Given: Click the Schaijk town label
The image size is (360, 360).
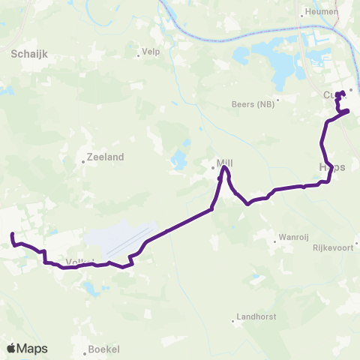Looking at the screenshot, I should coord(30,54).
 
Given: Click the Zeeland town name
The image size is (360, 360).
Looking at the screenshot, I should coord(105,157).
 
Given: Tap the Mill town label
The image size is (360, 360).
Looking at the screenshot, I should coord(225,161).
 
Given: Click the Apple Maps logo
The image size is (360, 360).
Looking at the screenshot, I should coord(27,348).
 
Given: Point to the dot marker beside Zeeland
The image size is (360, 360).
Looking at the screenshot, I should coord(84,158).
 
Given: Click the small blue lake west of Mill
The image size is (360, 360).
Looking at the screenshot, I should coord(179,160).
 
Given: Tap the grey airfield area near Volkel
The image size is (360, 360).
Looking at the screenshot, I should coord(120,241).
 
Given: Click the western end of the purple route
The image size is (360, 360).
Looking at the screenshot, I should coord(13,235).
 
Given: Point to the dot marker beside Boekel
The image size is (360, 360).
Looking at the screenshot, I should coord(85,349).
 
